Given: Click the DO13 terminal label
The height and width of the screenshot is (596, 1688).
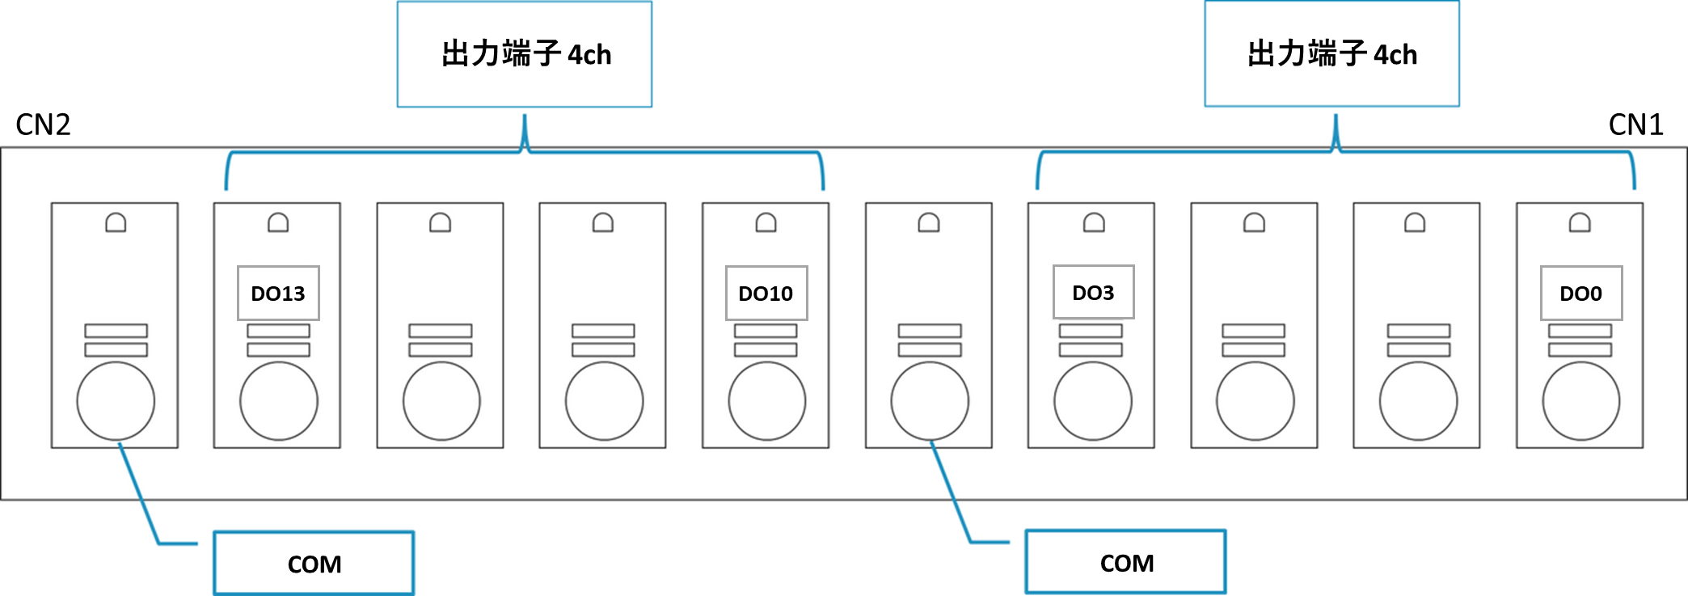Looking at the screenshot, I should click(x=278, y=293).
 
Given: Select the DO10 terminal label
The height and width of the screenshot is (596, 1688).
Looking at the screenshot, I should click(x=766, y=293).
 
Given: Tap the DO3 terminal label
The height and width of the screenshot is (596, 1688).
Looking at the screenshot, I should click(x=1093, y=292).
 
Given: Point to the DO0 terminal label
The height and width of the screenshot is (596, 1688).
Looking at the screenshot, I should click(x=1580, y=293).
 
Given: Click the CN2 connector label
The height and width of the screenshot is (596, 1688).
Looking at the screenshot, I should click(x=43, y=125).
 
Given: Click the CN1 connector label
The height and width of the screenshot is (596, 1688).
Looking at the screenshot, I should click(x=1635, y=125).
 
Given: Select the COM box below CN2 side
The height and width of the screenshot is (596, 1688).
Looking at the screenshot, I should click(x=314, y=564).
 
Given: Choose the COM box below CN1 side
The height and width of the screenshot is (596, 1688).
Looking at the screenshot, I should click(x=1126, y=562).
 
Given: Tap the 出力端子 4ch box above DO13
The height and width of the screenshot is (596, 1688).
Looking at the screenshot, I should click(x=525, y=54).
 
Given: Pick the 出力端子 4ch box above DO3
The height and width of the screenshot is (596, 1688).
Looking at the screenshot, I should click(x=1331, y=53).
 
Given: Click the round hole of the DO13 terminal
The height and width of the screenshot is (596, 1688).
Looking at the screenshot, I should click(x=279, y=401).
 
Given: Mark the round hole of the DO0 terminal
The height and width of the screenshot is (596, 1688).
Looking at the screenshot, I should click(x=1581, y=401).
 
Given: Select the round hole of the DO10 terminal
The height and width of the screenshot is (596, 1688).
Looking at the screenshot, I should click(x=767, y=401).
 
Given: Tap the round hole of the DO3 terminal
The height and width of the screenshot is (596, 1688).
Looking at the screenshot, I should click(x=1093, y=401).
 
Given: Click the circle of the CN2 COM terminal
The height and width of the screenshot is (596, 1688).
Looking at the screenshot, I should click(x=116, y=401).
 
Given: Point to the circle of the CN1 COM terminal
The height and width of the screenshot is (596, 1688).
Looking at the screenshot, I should click(x=930, y=401).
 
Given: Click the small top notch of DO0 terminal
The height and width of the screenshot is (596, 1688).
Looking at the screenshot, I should click(x=1580, y=222).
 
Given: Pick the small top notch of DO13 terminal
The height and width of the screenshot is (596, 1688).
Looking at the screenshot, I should click(x=278, y=222).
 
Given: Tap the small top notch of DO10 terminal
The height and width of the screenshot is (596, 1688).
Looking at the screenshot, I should click(x=766, y=222).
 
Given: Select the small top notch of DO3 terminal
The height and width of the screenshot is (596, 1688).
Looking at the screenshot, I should click(x=1094, y=222).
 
